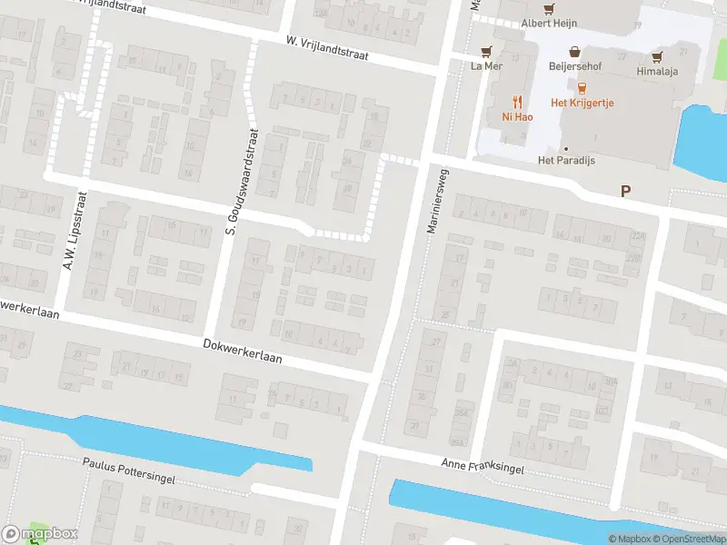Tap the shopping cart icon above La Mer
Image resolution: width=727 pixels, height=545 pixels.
point(487,52)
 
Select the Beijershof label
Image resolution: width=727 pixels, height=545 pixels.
point(574,66)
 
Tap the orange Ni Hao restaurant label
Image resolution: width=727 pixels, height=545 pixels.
point(518,116)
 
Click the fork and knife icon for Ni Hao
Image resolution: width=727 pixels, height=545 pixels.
point(518,101)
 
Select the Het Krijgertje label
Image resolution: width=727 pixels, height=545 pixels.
point(583,103)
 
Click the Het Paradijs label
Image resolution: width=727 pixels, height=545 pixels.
point(566,161)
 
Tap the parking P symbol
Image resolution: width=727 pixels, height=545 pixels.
point(624,191)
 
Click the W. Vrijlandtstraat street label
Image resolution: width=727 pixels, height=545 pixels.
point(326,47)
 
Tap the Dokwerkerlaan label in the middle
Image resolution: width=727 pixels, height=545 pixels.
point(243,352)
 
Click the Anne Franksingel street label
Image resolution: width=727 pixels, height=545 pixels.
point(483,467)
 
